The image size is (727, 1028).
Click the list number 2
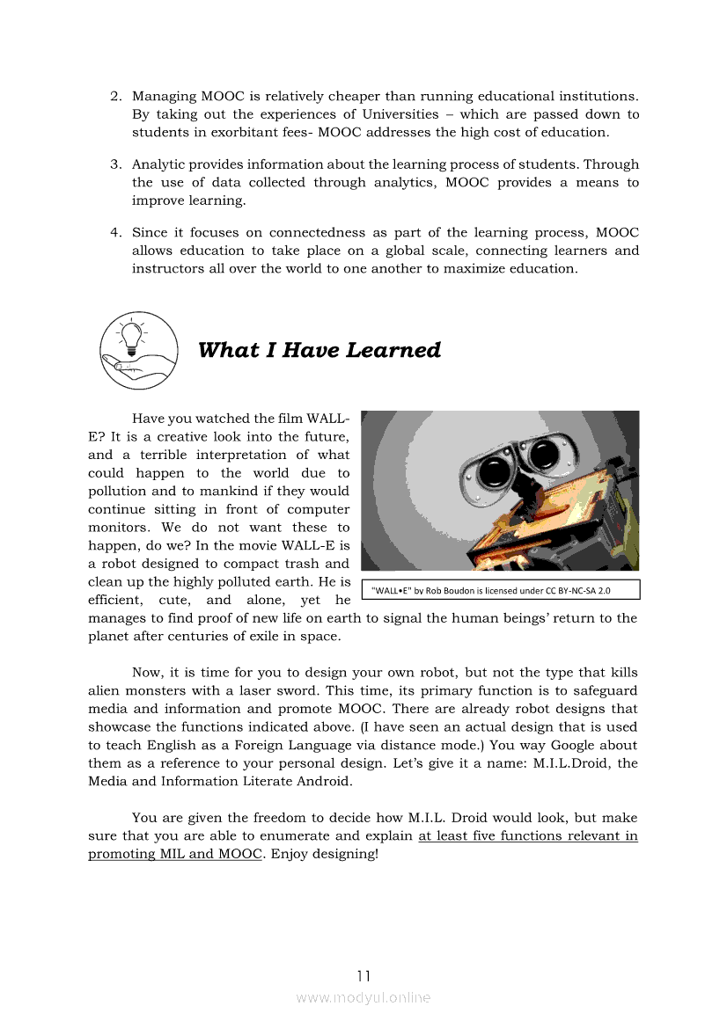tap(114, 96)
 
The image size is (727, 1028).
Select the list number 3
tap(114, 164)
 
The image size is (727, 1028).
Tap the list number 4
tap(114, 233)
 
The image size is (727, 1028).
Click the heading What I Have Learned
tap(319, 350)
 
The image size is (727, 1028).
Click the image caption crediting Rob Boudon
tap(500, 590)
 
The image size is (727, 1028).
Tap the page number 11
tap(363, 975)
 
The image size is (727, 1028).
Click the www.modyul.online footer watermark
tap(363, 997)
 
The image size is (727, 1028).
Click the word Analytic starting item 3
tap(160, 164)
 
